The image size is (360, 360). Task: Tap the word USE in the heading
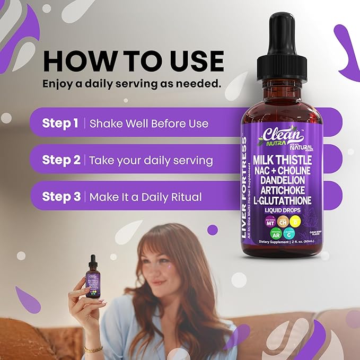(192, 61)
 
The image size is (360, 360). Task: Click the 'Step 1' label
(60, 124)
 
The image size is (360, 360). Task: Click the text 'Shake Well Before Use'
(149, 124)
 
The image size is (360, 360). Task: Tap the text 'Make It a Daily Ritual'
(145, 197)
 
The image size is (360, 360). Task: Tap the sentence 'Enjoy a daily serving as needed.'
(131, 84)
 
